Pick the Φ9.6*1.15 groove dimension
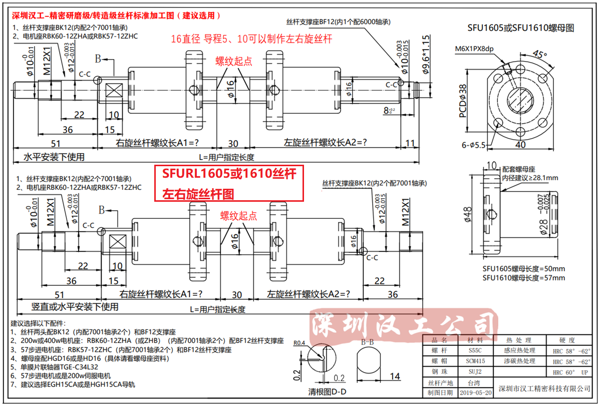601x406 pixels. coord(426,55)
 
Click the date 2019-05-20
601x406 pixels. coord(475,393)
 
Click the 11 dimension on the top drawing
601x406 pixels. coord(410,143)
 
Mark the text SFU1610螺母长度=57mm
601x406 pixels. coord(523,278)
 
